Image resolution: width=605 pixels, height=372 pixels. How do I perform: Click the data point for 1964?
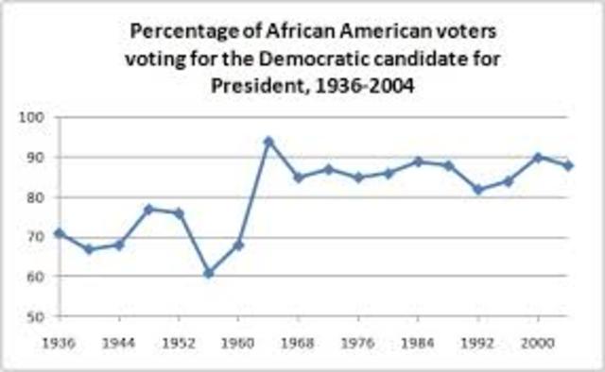click(268, 142)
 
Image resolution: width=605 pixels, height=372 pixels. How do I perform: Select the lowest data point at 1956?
click(209, 273)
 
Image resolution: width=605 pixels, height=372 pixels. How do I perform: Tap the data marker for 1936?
click(60, 232)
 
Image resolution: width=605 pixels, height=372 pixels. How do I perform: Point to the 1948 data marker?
click(149, 209)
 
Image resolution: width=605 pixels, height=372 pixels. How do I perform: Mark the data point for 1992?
click(478, 189)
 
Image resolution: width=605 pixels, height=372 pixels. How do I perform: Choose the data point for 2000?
click(538, 157)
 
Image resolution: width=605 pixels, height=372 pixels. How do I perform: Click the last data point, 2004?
click(567, 165)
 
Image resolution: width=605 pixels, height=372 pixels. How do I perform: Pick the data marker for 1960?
click(239, 245)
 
